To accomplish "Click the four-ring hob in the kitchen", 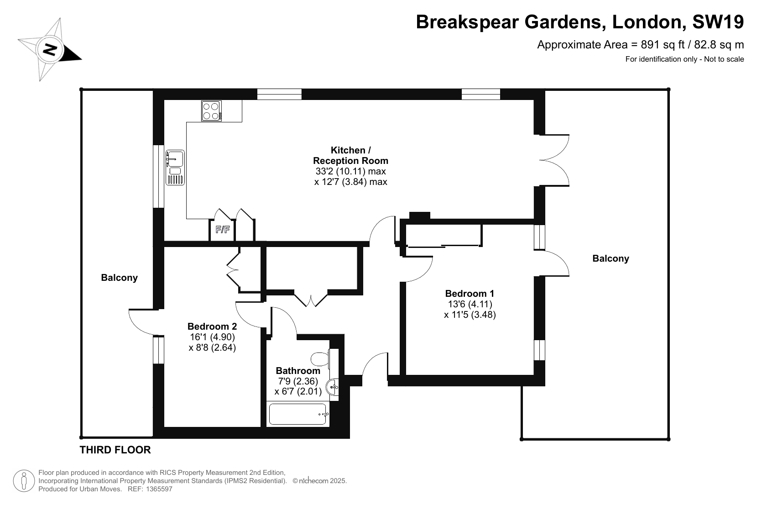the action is [x=212, y=110].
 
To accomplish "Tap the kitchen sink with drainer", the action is [x=175, y=168].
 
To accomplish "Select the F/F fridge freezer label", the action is [x=223, y=230].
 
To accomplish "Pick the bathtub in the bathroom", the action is [x=298, y=414].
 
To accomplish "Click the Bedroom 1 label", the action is [x=470, y=293].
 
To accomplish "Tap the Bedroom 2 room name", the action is [x=212, y=326].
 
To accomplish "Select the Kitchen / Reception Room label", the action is [x=350, y=155].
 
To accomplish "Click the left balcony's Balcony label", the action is [x=119, y=278].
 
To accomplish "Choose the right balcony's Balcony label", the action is [x=611, y=258].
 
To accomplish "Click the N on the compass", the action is [x=50, y=50].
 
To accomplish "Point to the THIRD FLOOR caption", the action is [x=115, y=450].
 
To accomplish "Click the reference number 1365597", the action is [x=159, y=489].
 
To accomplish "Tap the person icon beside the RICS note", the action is [x=24, y=481].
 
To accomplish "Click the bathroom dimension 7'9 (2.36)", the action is [x=298, y=381].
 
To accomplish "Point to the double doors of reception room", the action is [x=554, y=160].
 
